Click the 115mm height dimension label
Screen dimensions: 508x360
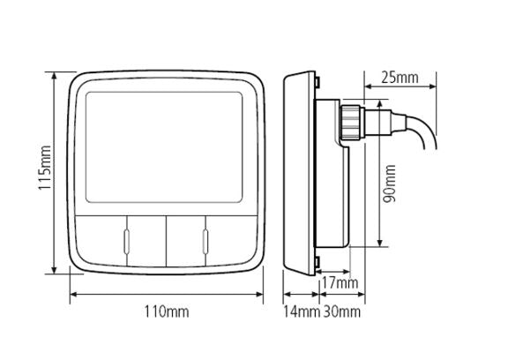[44, 168]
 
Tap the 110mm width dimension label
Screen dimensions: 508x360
[166, 311]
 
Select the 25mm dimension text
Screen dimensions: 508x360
[400, 78]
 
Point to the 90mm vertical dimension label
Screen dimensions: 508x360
[389, 184]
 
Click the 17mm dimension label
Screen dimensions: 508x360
[340, 283]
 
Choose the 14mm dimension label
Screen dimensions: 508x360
[302, 311]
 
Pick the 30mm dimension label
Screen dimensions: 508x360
[342, 311]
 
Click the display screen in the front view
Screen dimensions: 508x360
[164, 147]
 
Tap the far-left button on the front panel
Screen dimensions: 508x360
[101, 240]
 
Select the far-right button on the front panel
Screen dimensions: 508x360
[231, 240]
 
